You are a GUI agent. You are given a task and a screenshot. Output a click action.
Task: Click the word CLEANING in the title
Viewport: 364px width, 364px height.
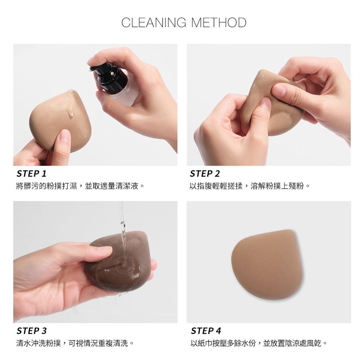pyautogui.click(x=154, y=22)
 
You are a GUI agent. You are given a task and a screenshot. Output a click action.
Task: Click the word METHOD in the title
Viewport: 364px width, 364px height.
pyautogui.click(x=219, y=22)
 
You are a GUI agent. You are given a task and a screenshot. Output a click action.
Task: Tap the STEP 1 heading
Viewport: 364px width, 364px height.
pyautogui.click(x=32, y=173)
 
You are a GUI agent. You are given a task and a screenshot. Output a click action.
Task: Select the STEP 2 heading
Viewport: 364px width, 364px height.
pyautogui.click(x=205, y=173)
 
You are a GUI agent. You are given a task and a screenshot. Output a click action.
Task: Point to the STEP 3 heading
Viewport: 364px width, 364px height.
pyautogui.click(x=32, y=331)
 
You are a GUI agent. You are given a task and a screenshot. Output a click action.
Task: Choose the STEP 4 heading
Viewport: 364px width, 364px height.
pyautogui.click(x=206, y=331)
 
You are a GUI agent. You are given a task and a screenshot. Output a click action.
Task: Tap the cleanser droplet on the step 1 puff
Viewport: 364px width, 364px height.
pyautogui.click(x=71, y=113)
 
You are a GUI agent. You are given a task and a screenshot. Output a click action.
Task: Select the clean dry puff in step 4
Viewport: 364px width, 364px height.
pyautogui.click(x=267, y=264)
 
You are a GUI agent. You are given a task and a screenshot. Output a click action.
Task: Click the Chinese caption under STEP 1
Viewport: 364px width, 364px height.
pyautogui.click(x=80, y=186)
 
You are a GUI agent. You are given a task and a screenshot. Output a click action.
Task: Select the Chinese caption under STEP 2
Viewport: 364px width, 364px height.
pyautogui.click(x=250, y=186)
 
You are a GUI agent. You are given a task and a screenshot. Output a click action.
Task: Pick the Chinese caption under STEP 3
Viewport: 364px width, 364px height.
pyautogui.click(x=75, y=343)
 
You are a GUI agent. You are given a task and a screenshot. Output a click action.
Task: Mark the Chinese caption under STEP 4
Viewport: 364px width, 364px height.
pyautogui.click(x=259, y=343)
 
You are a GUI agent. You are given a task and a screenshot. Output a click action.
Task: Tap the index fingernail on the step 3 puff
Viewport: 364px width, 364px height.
pyautogui.click(x=105, y=250)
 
